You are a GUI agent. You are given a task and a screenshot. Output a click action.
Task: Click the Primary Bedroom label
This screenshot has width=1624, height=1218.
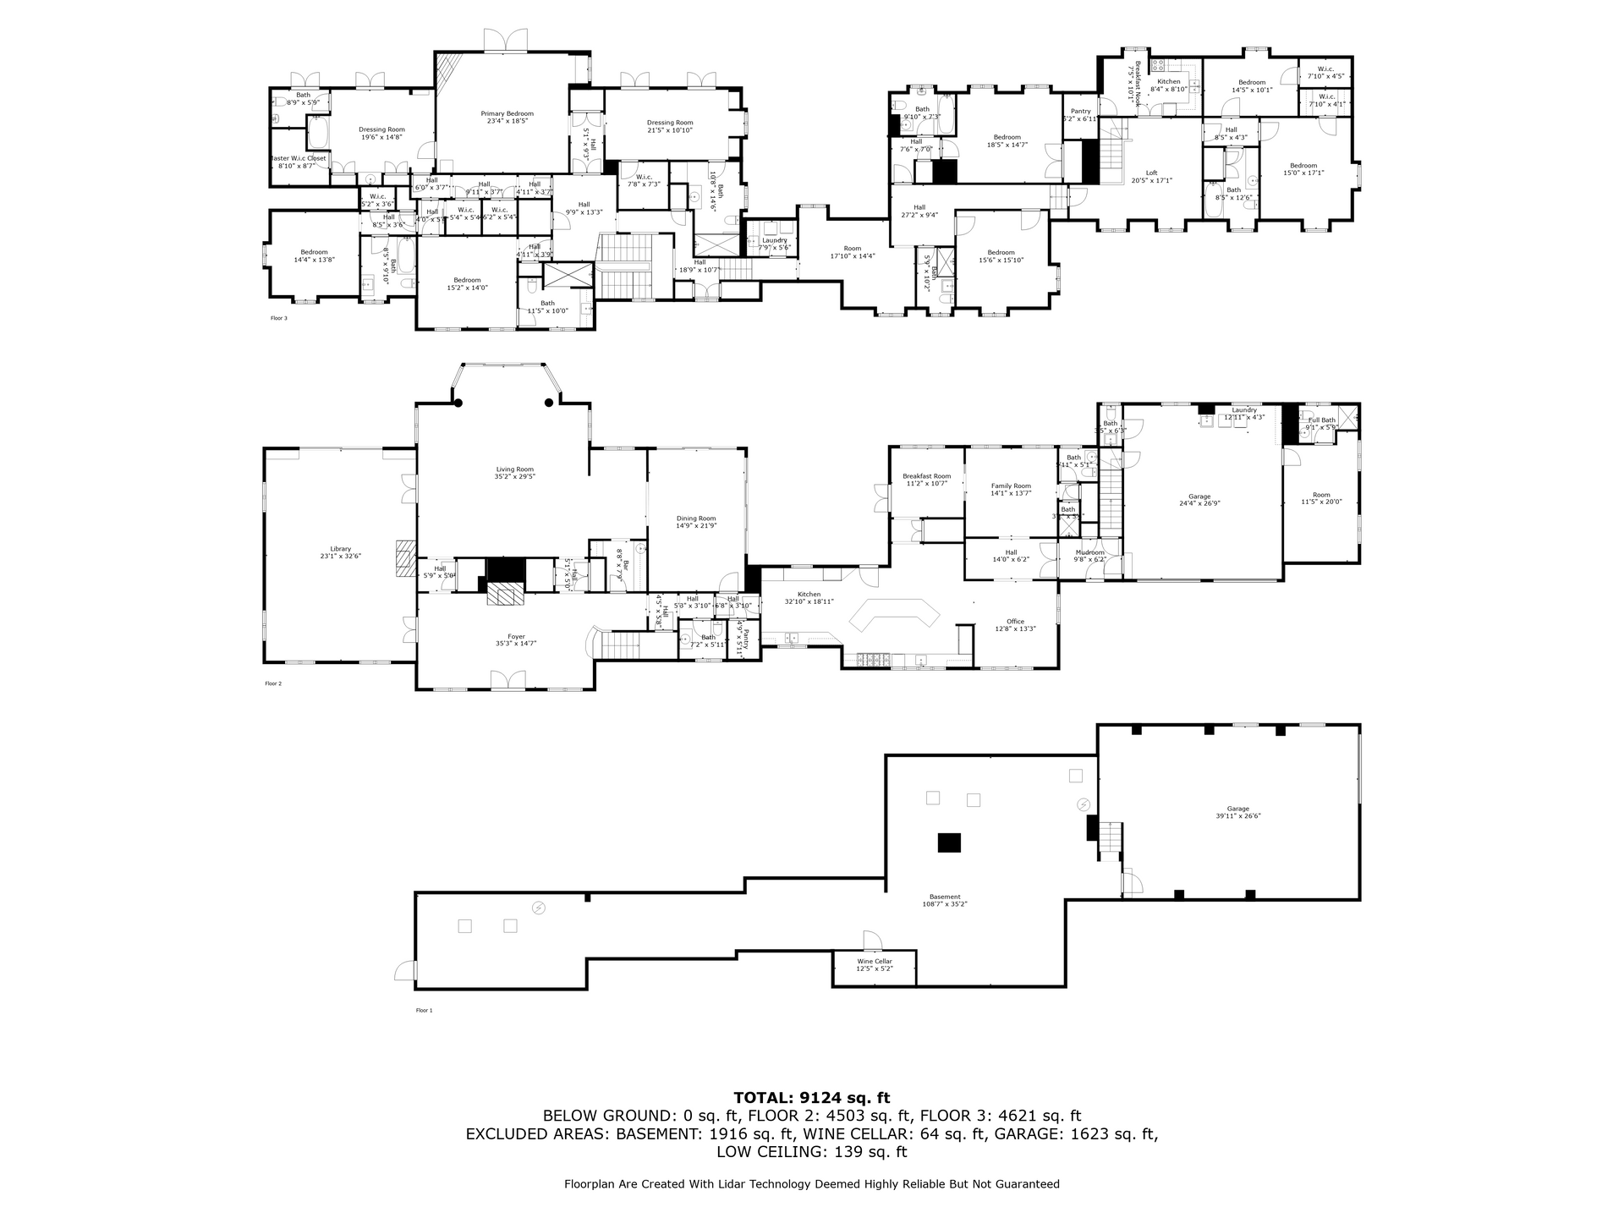pos(507,113)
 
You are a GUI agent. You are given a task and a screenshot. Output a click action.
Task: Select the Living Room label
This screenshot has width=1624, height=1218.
pos(514,469)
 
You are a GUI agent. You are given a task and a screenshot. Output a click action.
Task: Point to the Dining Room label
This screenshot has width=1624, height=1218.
pos(695,518)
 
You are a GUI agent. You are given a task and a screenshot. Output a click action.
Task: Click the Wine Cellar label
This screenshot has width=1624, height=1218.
pos(875,961)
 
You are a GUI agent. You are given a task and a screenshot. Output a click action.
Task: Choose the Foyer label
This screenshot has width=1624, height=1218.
pos(516,637)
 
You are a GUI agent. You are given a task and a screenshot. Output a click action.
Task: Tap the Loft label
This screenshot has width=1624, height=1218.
pos(1151,173)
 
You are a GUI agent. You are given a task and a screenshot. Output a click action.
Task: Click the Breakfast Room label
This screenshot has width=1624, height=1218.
pos(926,476)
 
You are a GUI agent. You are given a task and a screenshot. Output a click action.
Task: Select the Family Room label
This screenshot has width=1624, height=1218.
pos(1011,486)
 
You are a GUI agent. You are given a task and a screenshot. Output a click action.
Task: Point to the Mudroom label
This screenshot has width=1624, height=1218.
pos(1089,552)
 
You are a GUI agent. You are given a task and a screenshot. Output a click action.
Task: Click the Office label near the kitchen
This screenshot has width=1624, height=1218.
pos(1015,622)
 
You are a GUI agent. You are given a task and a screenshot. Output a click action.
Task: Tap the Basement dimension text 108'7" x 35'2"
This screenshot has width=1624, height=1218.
pos(945,904)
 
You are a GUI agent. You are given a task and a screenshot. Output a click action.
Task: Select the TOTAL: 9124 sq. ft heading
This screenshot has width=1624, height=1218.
pos(811,1098)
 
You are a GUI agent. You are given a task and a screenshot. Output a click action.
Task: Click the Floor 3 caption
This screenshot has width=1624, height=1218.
pos(278,318)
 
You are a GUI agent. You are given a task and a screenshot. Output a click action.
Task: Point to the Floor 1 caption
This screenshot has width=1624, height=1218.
pos(424,1010)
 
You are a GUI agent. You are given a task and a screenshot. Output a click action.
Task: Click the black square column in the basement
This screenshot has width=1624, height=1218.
pos(950,842)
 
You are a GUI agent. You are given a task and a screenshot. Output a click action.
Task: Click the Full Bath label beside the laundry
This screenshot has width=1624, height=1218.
pos(1321,420)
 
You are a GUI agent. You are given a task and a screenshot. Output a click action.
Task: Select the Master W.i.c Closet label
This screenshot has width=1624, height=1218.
pos(297,158)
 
